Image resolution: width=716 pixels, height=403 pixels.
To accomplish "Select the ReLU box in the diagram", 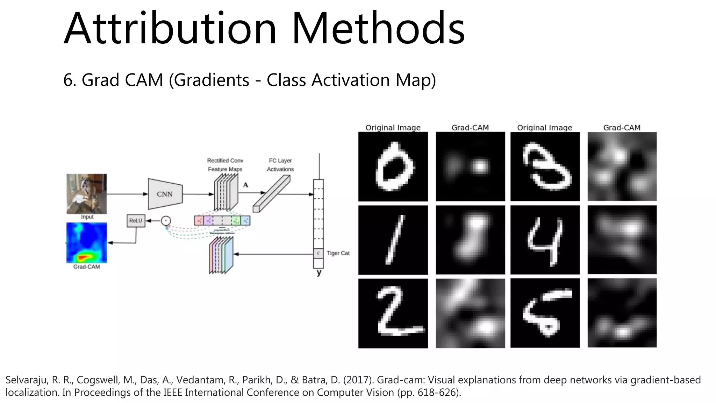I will coord(136,221).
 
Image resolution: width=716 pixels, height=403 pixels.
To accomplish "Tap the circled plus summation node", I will coord(166,221).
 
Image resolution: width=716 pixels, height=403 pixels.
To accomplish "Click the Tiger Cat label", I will coord(338,253).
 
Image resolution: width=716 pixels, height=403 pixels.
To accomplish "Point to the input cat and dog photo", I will coord(87,194).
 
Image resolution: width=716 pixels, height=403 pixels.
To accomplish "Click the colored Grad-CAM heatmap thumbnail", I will coord(87,243).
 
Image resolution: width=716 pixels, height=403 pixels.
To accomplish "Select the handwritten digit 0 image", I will coord(393,167).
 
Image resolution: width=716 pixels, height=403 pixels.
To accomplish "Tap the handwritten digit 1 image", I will coord(393,240).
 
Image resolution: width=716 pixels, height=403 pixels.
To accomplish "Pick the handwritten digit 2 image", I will coord(393,313).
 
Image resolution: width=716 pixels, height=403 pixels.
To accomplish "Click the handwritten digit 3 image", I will coord(545,167).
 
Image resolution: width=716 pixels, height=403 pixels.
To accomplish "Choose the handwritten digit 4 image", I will coord(545,240).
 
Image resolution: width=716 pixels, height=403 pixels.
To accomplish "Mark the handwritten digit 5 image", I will coord(545,313).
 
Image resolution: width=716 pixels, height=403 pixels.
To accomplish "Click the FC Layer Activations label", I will coord(280,165).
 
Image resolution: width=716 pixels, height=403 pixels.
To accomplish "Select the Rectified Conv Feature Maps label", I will coord(225,165).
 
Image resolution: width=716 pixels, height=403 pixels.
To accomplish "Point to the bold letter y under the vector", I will coord(319,273).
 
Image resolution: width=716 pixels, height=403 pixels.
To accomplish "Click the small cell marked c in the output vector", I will coord(318,253).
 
